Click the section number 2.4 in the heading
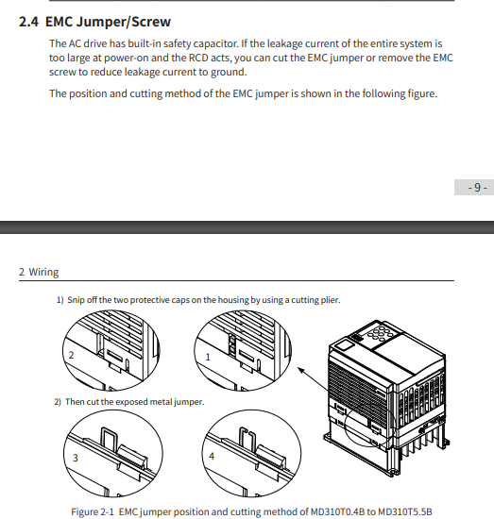click(x=28, y=22)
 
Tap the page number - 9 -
click(x=477, y=188)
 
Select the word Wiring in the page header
click(x=43, y=272)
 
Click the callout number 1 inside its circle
click(x=208, y=357)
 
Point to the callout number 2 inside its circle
click(x=71, y=355)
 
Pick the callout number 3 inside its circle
click(x=76, y=458)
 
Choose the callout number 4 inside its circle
click(x=212, y=456)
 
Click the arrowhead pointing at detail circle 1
click(x=301, y=370)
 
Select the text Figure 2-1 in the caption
click(x=93, y=511)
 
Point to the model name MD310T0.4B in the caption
click(x=337, y=511)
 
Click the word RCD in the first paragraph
click(x=198, y=58)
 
